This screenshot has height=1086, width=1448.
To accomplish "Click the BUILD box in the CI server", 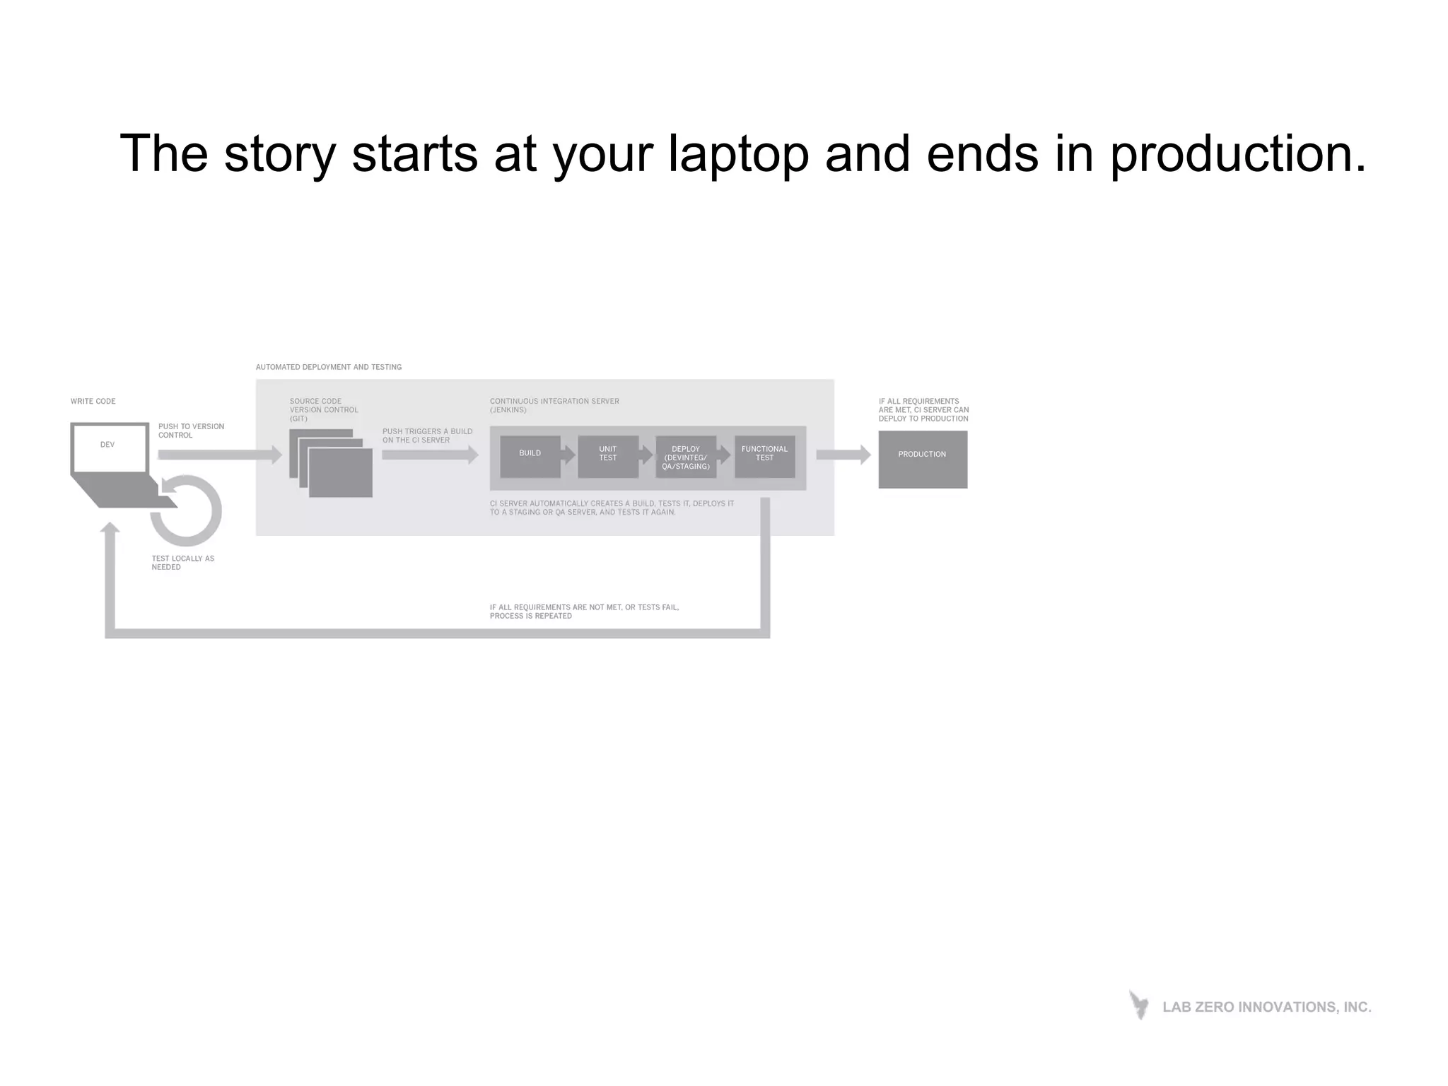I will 530,456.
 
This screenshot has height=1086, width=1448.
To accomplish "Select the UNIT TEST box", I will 607,456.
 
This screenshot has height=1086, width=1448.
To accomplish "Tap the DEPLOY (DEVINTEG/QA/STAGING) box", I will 685,457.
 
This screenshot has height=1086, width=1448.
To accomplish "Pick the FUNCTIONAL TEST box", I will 764,456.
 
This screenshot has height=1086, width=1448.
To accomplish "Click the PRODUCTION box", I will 923,459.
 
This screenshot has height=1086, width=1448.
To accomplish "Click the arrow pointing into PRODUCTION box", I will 843,455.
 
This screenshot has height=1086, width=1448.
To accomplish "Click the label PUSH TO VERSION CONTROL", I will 190,431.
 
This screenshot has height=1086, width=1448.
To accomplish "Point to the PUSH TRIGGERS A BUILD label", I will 426,436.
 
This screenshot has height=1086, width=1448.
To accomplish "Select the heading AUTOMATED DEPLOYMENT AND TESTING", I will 328,367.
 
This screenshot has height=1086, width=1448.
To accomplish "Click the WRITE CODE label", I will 93,401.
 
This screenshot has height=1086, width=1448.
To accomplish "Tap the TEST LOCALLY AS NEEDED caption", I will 182,563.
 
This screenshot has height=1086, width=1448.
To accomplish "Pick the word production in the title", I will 1237,154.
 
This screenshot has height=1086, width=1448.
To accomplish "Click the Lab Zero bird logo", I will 1138,1005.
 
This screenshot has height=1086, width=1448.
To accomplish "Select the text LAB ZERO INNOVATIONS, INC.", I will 1266,1007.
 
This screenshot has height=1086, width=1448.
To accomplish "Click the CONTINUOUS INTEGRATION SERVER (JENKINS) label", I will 554,405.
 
